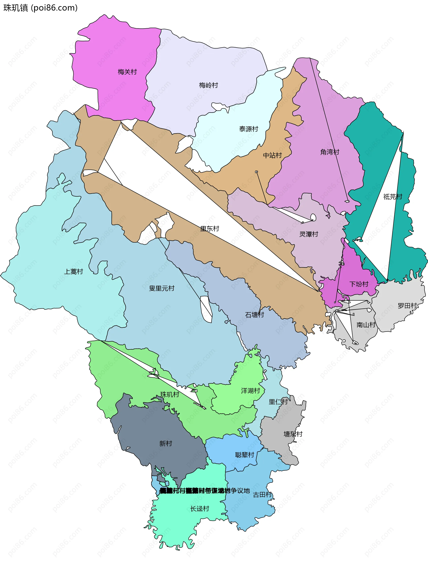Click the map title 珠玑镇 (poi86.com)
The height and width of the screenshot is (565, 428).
[40, 8]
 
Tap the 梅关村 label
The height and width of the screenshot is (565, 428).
[127, 72]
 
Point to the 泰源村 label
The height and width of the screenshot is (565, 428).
[249, 129]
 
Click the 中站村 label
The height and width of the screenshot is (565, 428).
[272, 155]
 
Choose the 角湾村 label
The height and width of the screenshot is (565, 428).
[330, 152]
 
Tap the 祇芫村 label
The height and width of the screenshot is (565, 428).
[393, 197]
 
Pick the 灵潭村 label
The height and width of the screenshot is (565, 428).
[309, 234]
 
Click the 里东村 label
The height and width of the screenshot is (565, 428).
[209, 229]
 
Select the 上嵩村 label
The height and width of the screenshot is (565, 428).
[73, 272]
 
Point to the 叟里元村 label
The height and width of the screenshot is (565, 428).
[162, 288]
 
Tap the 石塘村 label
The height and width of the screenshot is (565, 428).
[254, 315]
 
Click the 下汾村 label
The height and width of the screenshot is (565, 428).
[359, 284]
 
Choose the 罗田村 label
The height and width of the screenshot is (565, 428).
[407, 306]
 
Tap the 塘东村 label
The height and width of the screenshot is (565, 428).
[293, 434]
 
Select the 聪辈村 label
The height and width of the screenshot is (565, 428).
[244, 455]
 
